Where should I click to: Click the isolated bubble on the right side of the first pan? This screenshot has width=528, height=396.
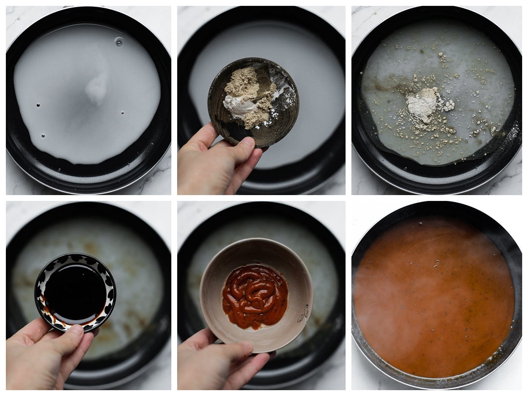[x=122, y=113]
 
